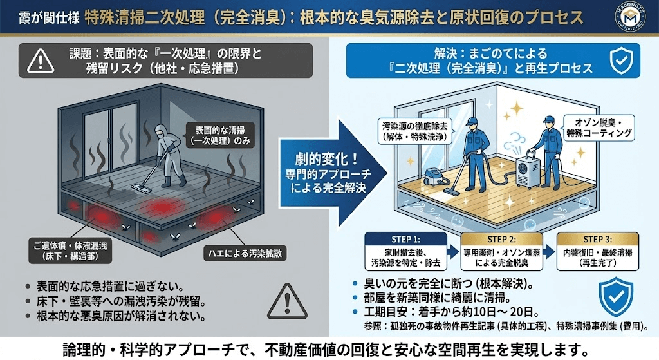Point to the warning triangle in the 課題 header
pos(41,61)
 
